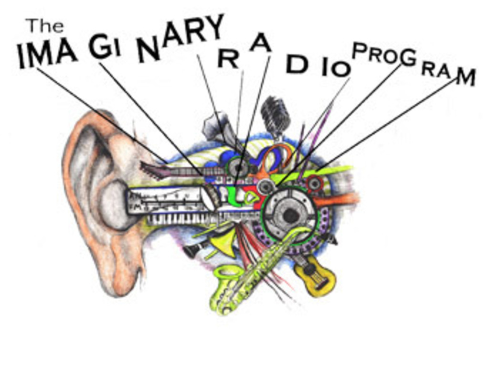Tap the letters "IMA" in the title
click(x=46, y=54)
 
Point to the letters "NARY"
click(x=181, y=37)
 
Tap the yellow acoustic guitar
click(x=315, y=276)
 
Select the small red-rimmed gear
click(x=314, y=183)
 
